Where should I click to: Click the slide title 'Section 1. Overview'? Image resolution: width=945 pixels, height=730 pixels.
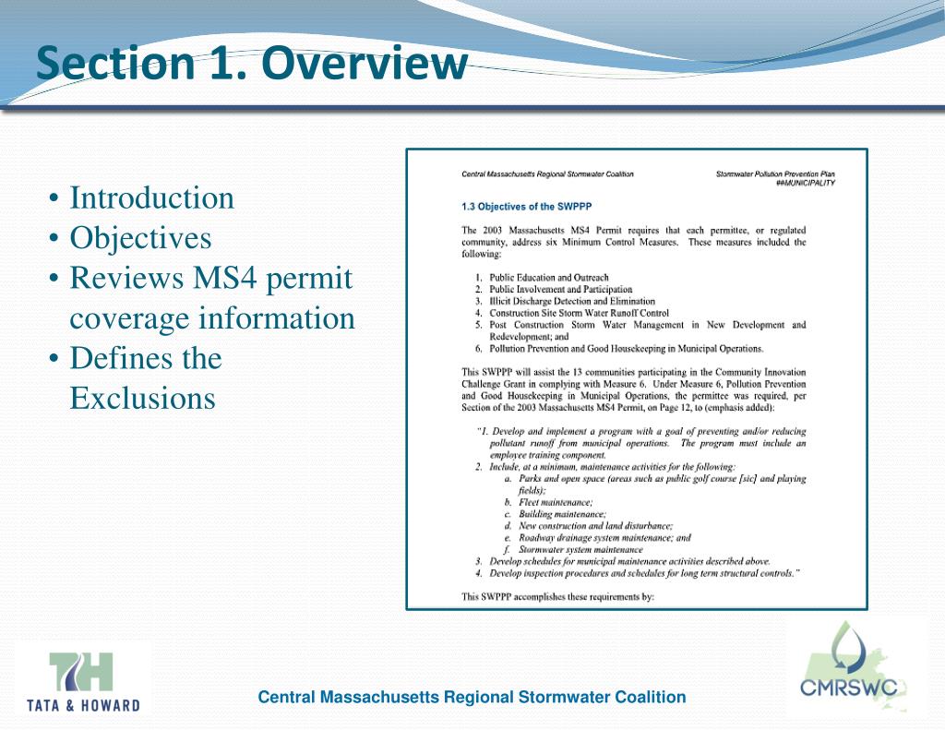251,64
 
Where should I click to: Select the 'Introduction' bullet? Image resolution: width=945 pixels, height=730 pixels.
152,197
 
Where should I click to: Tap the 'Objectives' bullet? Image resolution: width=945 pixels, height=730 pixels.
140,238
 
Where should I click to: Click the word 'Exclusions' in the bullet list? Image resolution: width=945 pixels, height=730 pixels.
142,398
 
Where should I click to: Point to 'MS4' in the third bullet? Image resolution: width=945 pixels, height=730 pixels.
223,278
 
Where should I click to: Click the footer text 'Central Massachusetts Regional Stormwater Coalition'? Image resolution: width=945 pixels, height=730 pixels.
472,697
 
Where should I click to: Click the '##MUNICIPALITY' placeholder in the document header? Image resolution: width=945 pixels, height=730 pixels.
805,183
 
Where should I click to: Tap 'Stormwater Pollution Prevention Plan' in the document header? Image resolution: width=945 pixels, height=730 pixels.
775,174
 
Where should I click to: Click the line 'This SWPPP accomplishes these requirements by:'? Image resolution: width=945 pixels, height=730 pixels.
557,596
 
